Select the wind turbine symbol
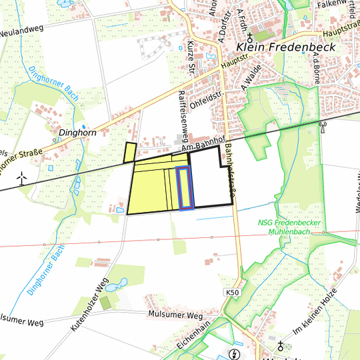pyautogui.click(x=21, y=178)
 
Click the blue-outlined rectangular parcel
pyautogui.click(x=185, y=189)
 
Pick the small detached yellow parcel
pyautogui.click(x=130, y=153)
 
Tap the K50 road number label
pyautogui.click(x=231, y=293)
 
